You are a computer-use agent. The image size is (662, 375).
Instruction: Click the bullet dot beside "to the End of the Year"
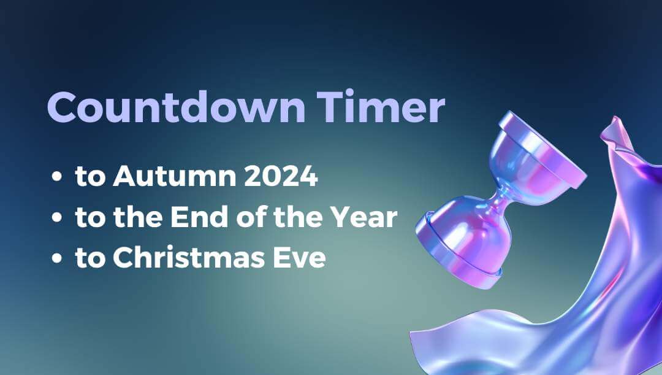(x=57, y=218)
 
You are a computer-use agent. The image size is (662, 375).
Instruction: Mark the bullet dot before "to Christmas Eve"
(x=57, y=259)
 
